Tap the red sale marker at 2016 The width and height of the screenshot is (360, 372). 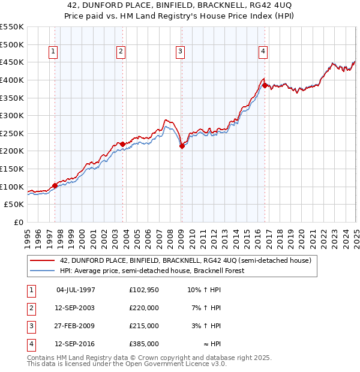(x=265, y=85)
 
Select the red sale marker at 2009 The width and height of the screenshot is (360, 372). (x=182, y=146)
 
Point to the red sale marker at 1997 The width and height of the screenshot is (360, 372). (x=55, y=185)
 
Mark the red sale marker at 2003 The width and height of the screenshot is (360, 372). (x=122, y=144)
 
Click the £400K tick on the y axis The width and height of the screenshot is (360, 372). (x=12, y=80)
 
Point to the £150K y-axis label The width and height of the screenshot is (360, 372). (x=12, y=169)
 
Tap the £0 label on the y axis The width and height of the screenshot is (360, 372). (x=18, y=223)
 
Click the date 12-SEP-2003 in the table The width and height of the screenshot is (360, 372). (x=75, y=308)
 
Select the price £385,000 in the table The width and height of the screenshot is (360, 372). (x=144, y=344)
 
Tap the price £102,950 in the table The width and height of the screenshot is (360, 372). (x=144, y=290)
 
